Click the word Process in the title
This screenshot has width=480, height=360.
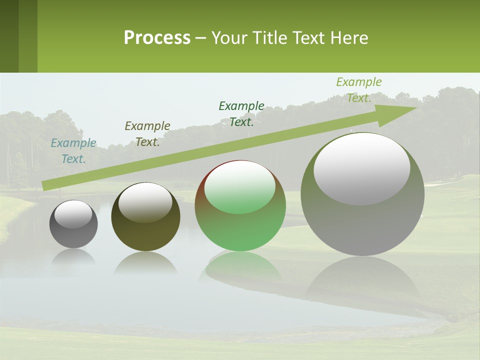coord(157,38)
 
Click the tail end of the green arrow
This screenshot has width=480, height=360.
coord(44,185)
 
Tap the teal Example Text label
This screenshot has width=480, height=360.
coord(73,151)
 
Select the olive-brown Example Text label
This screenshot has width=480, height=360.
coord(147,134)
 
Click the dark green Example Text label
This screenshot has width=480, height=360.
coord(241,114)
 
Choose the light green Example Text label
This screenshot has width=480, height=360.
coord(359,90)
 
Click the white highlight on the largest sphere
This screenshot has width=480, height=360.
coord(362,168)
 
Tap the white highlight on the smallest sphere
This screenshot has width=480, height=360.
coord(73,214)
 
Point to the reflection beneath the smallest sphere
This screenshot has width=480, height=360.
coord(73,256)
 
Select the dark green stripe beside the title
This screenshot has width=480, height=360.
coord(9,36)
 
